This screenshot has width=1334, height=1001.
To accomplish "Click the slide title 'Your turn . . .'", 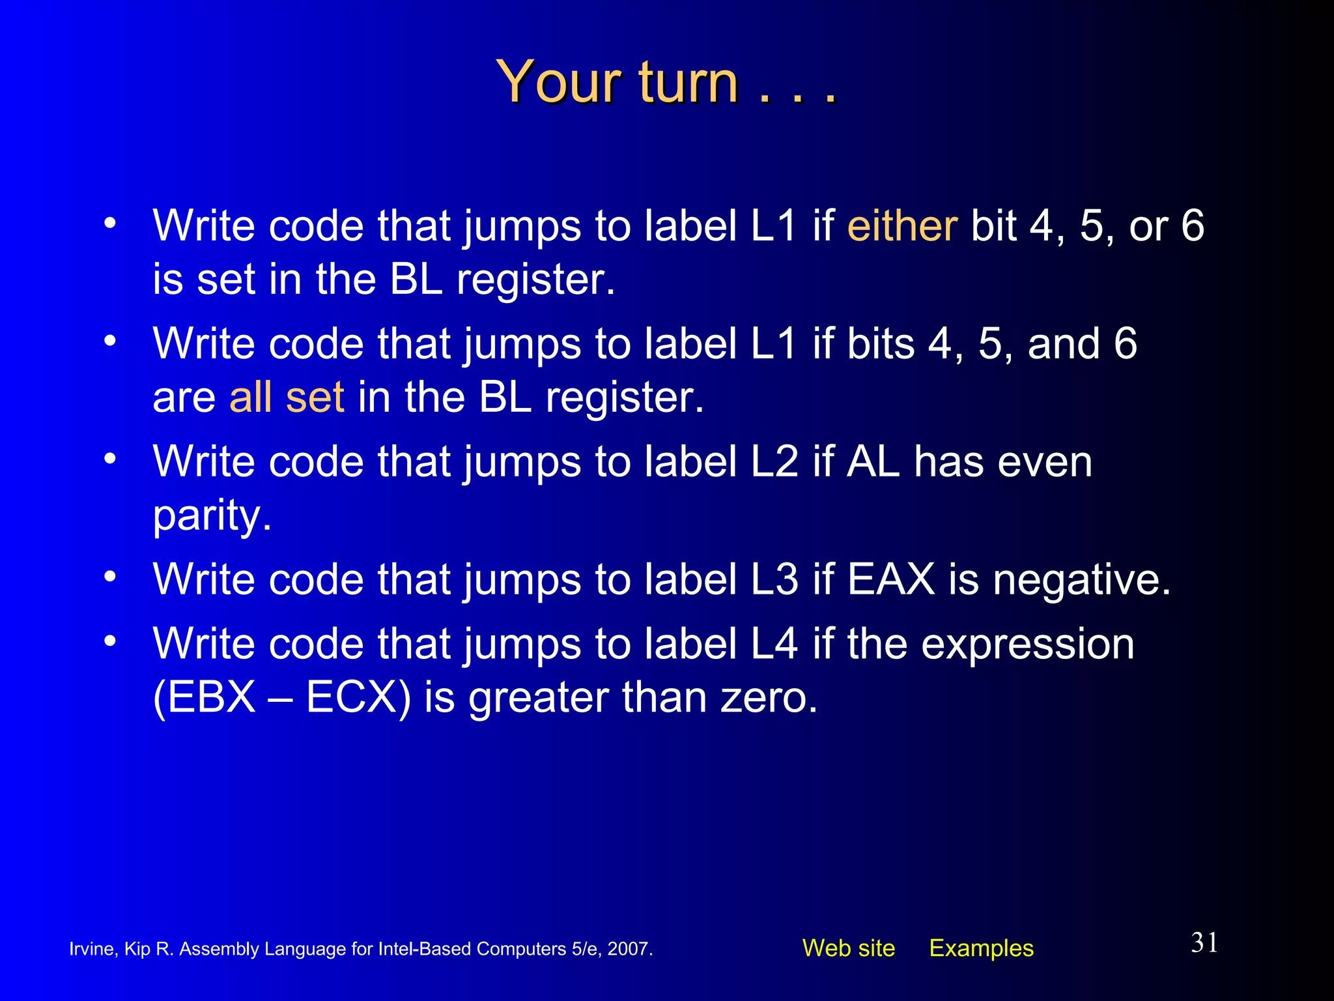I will (x=666, y=82).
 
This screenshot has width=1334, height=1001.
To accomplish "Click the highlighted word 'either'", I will (x=902, y=226).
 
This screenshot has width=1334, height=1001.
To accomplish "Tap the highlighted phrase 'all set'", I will (x=287, y=397).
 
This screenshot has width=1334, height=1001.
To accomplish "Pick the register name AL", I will (x=873, y=461).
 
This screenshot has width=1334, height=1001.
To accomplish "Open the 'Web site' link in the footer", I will (x=848, y=948).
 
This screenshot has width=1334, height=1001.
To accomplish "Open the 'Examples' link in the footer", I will (x=981, y=948).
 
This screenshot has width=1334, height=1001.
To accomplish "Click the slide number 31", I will (x=1204, y=943).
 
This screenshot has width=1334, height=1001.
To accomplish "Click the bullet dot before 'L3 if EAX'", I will (x=110, y=576).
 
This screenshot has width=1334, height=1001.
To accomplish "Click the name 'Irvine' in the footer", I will (x=92, y=949).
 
